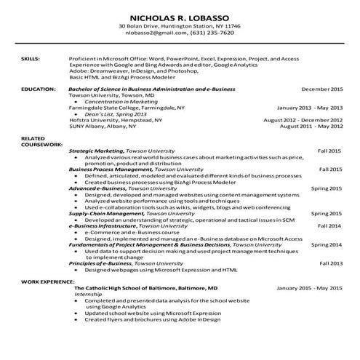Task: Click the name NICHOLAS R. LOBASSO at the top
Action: click(x=180, y=17)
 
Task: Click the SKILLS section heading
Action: click(x=30, y=56)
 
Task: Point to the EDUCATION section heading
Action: click(x=38, y=88)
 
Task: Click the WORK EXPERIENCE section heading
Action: click(x=47, y=280)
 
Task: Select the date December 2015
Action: click(x=321, y=88)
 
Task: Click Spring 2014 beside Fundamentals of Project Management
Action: click(x=327, y=245)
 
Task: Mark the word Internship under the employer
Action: click(x=89, y=294)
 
